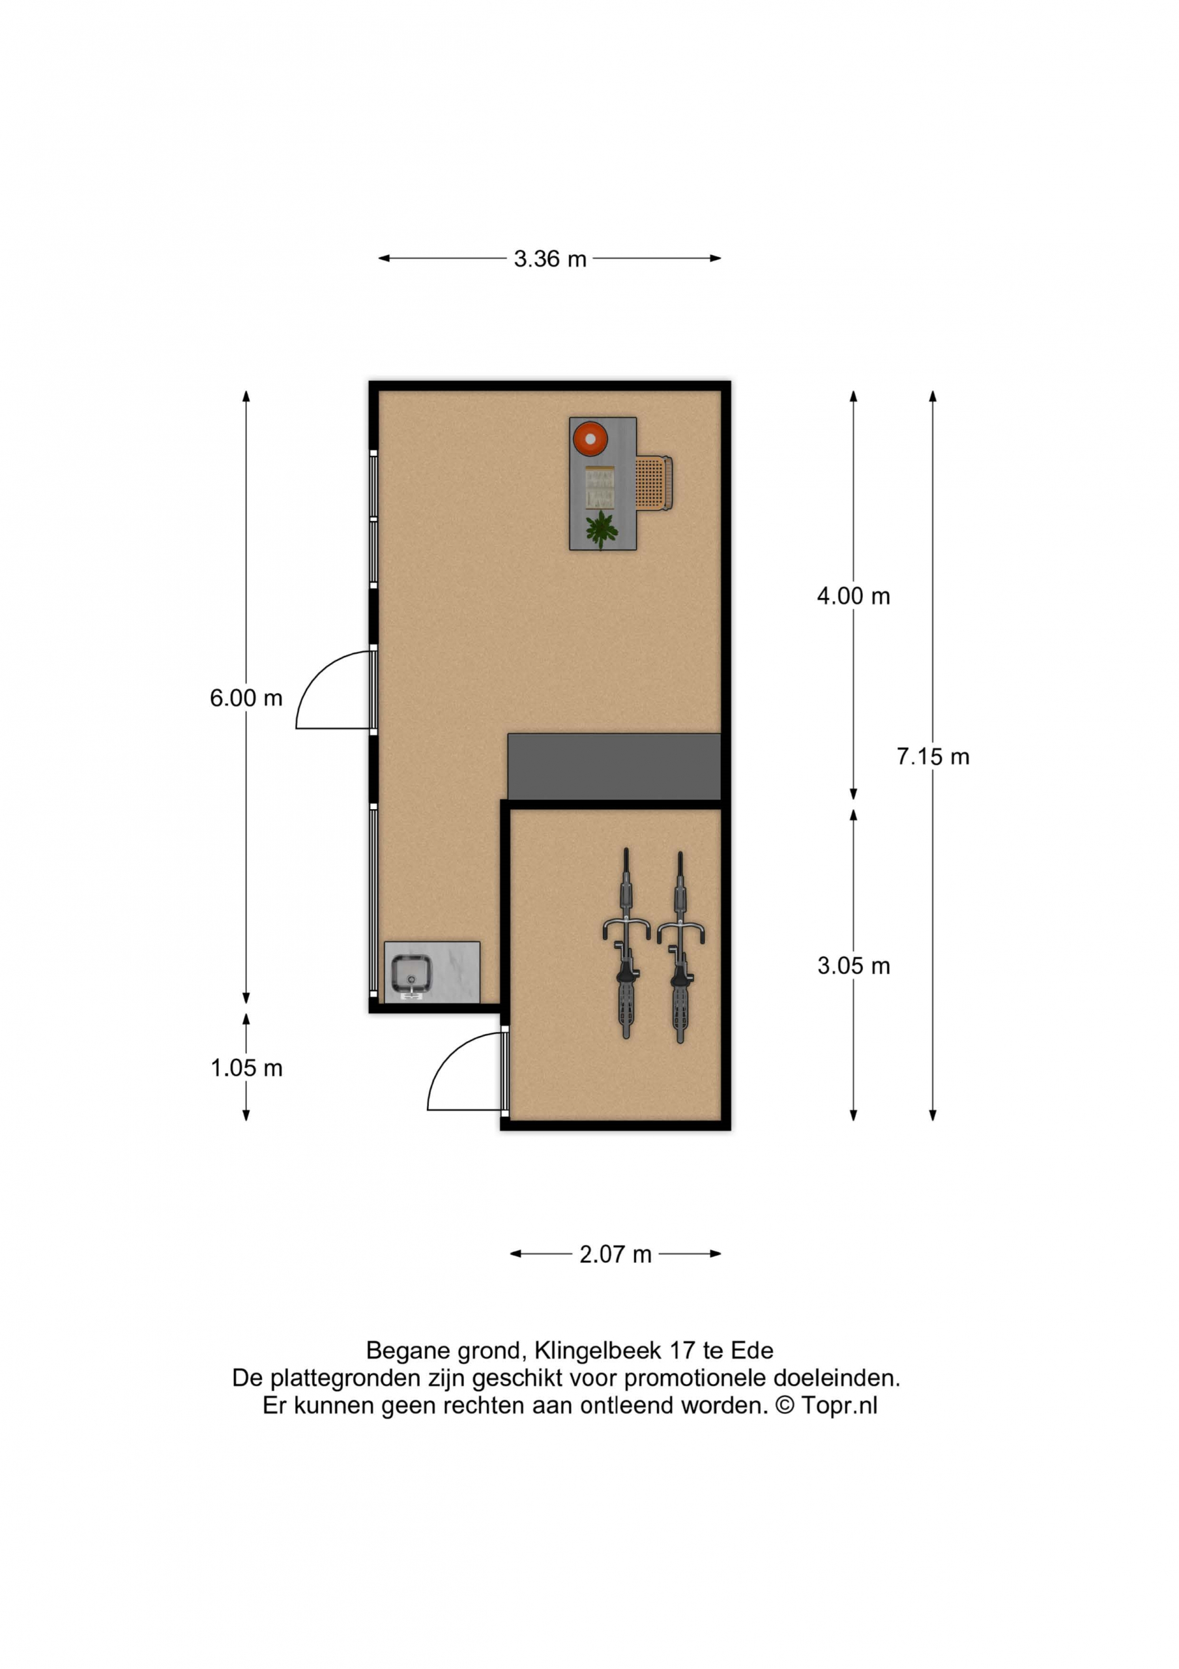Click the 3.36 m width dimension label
click(x=549, y=259)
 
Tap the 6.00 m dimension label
click(x=246, y=698)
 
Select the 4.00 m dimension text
click(x=853, y=596)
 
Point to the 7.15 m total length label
click(x=933, y=757)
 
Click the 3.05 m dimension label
click(x=853, y=966)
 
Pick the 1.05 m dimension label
click(x=246, y=1069)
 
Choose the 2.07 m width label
click(x=615, y=1254)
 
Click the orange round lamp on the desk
click(x=589, y=439)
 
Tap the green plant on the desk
click(x=601, y=530)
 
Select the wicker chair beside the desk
click(x=654, y=483)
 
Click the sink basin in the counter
click(x=411, y=975)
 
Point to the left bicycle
click(x=626, y=943)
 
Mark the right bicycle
click(x=680, y=947)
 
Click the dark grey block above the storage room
click(x=614, y=767)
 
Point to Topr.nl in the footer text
click(x=839, y=1405)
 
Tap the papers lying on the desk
click(x=600, y=486)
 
